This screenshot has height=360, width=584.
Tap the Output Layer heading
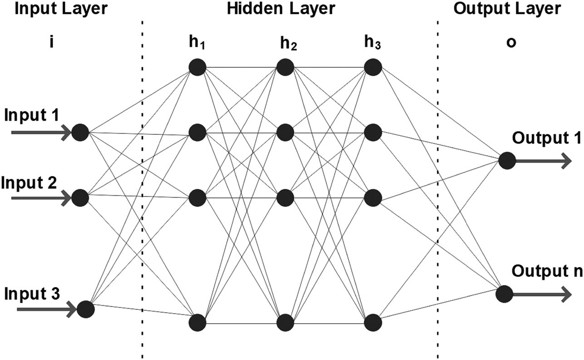tap(506, 9)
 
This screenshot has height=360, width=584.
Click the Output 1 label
tap(547, 138)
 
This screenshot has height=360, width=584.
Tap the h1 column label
tap(198, 45)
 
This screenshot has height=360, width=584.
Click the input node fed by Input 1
tap(80, 132)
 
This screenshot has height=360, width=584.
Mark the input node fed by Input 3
tap(85, 310)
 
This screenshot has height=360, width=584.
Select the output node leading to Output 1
tap(506, 160)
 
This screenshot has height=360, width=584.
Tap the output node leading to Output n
tap(504, 294)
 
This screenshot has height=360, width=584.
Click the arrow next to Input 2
tap(41, 197)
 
